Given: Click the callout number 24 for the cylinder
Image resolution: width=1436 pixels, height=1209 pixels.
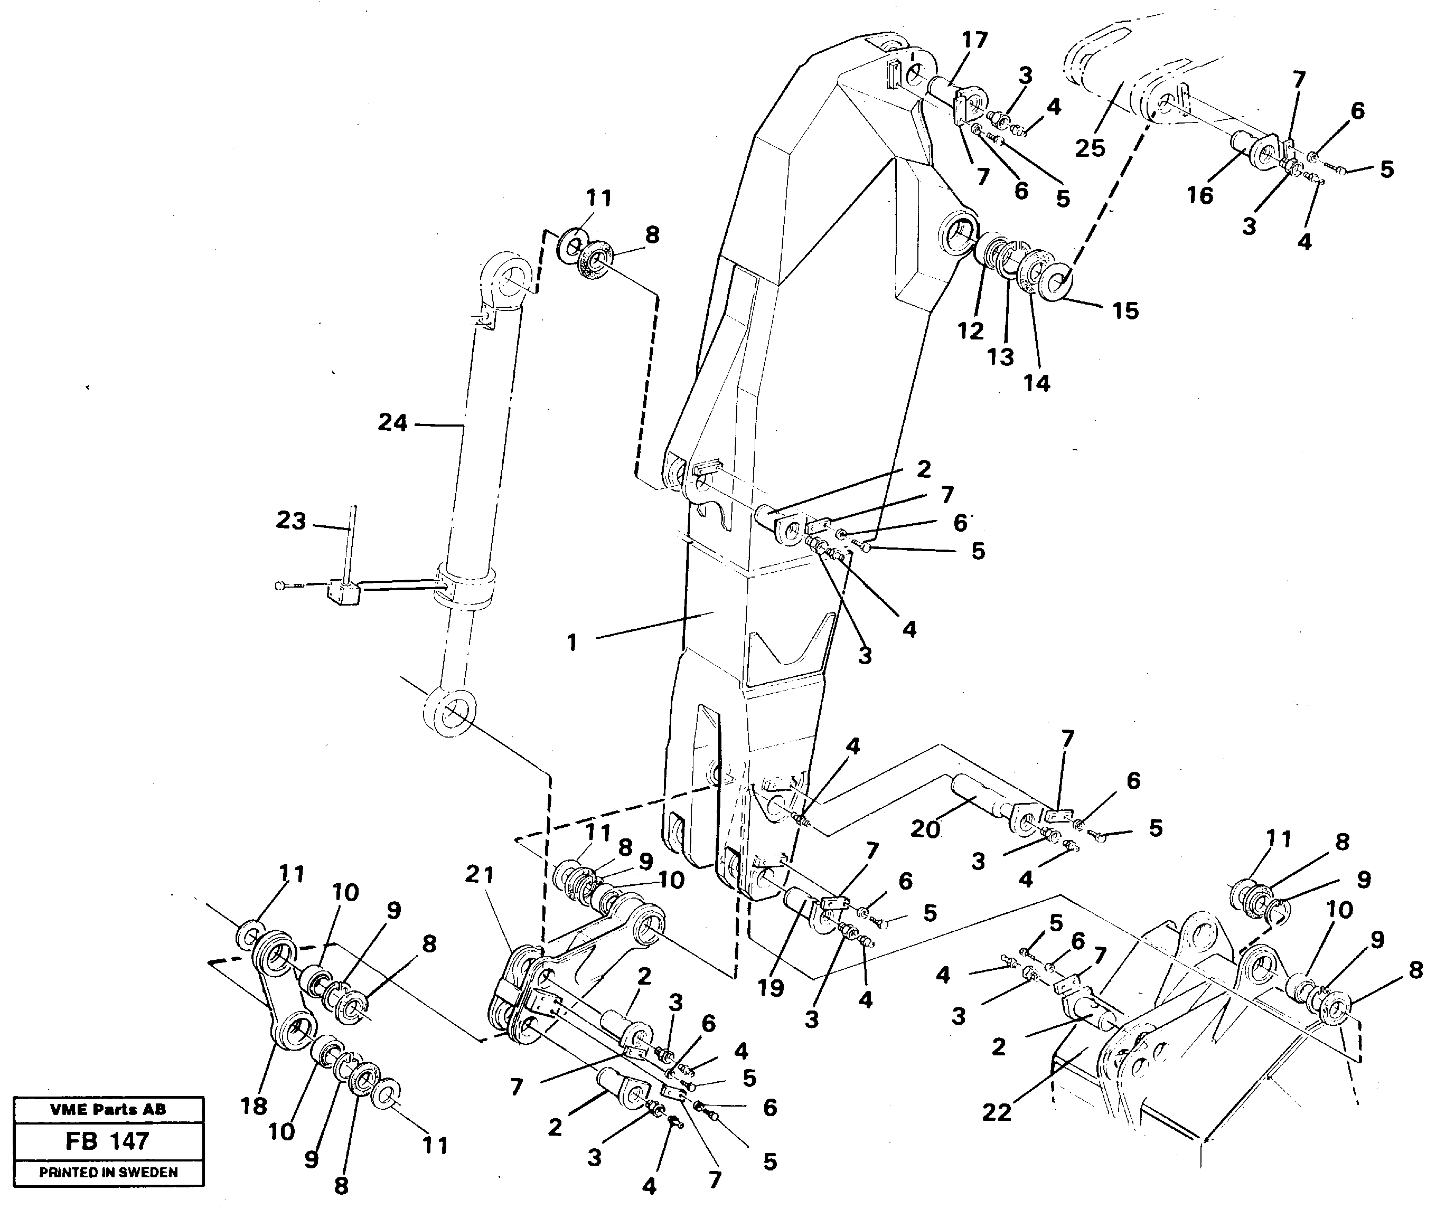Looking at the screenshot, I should click(x=392, y=423).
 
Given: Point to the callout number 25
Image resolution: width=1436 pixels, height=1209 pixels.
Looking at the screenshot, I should click(x=1090, y=147).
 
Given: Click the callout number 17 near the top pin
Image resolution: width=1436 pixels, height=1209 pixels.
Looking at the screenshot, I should click(x=974, y=41).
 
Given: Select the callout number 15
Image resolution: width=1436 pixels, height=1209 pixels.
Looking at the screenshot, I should click(x=1125, y=310).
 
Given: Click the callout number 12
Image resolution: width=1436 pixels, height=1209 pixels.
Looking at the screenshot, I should click(x=971, y=331).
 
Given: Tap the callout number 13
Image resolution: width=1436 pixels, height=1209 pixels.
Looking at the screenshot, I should click(x=1000, y=356).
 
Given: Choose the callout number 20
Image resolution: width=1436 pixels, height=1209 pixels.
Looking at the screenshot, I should click(x=925, y=829).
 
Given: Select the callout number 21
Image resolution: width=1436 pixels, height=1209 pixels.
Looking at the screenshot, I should click(x=480, y=874).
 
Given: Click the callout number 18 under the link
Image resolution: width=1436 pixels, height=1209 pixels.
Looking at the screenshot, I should click(x=254, y=1106).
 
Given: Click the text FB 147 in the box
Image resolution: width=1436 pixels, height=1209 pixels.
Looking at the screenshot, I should click(x=108, y=1141).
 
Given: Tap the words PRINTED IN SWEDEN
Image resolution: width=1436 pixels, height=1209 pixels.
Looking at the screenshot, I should click(x=108, y=1173).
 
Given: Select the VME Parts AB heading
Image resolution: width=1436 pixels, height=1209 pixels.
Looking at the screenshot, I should click(x=108, y=1110).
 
